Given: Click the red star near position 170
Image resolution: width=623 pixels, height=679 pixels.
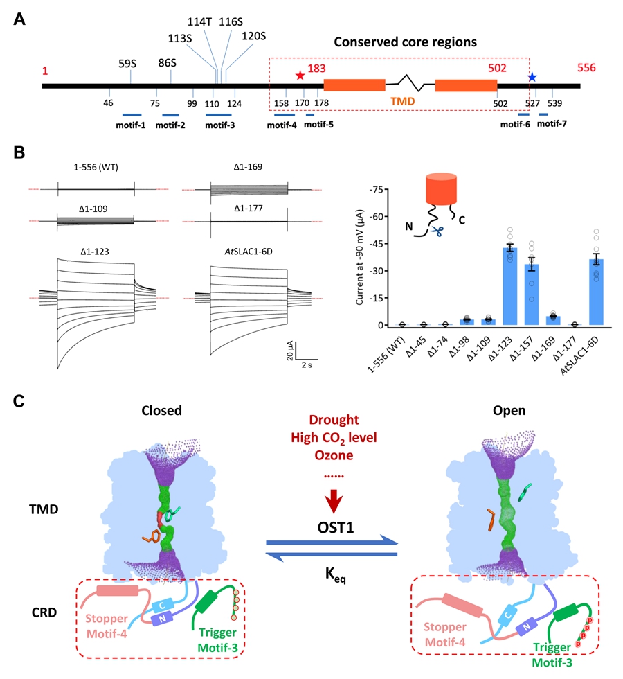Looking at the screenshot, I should pos(300,75).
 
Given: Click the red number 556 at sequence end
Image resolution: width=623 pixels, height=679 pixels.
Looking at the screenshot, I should pos(590,69).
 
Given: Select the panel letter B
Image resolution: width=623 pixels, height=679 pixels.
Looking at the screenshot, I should pos(19,151).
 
